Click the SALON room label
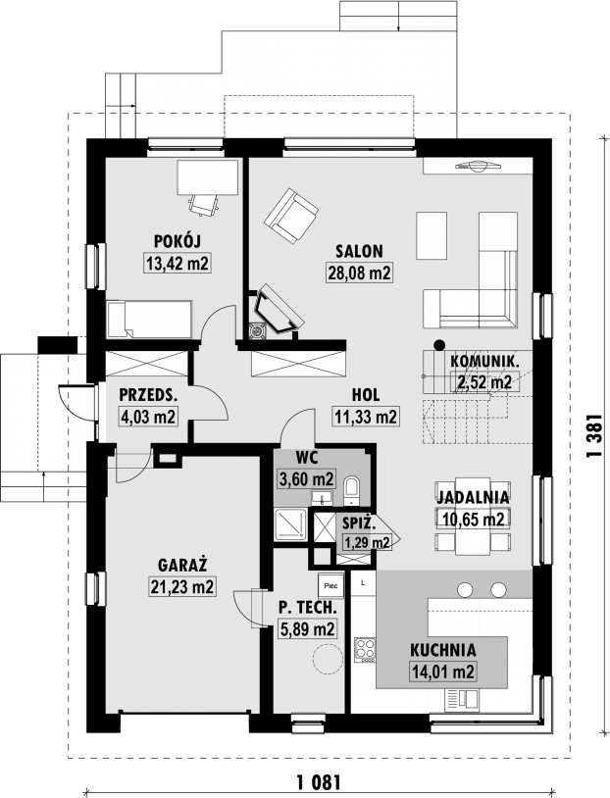click(359, 251)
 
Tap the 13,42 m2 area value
click(178, 263)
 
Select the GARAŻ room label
click(182, 565)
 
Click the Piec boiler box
click(330, 586)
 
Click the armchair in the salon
click(292, 216)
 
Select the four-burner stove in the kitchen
click(365, 650)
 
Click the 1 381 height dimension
click(593, 435)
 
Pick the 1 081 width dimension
click(318, 781)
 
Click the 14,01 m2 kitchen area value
click(442, 672)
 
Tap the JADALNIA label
click(473, 497)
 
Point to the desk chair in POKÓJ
click(204, 205)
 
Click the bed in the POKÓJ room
click(149, 319)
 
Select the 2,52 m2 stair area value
click(484, 381)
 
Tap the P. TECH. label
click(308, 607)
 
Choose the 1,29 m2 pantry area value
click(367, 542)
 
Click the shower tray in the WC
click(290, 525)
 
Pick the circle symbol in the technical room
click(327, 660)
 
